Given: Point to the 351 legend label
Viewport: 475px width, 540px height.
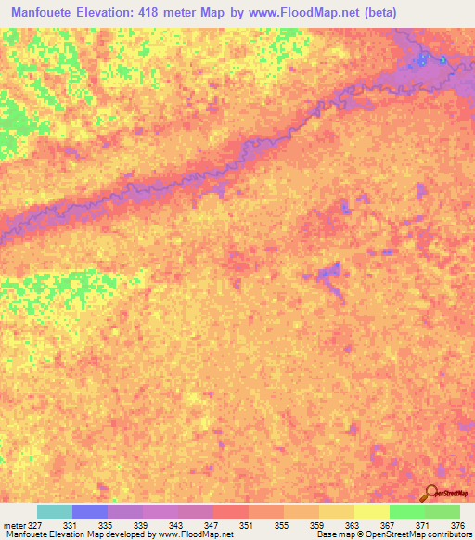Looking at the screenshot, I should (x=248, y=524).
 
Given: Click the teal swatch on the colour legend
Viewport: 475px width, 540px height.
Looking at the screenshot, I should (x=55, y=511).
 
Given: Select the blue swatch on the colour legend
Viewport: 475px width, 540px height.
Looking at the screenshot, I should (x=90, y=511).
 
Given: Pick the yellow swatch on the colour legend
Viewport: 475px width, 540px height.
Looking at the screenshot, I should (x=371, y=511).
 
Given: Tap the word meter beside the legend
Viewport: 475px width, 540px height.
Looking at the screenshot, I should (x=13, y=524).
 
